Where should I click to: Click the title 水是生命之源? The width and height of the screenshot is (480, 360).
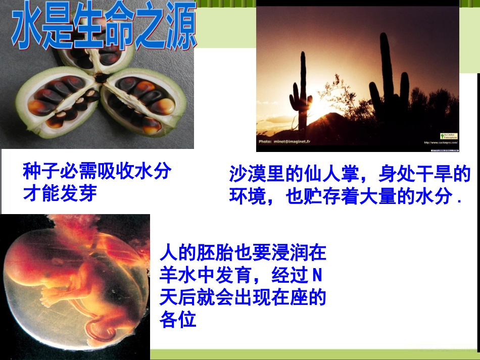click(x=104, y=30)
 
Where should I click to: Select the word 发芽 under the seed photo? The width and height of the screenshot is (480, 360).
click(x=78, y=193)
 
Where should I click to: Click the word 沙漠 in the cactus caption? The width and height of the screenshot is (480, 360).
click(x=248, y=175)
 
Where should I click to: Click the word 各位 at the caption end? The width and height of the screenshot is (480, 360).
click(x=178, y=320)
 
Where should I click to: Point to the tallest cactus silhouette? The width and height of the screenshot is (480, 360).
click(x=386, y=76)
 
